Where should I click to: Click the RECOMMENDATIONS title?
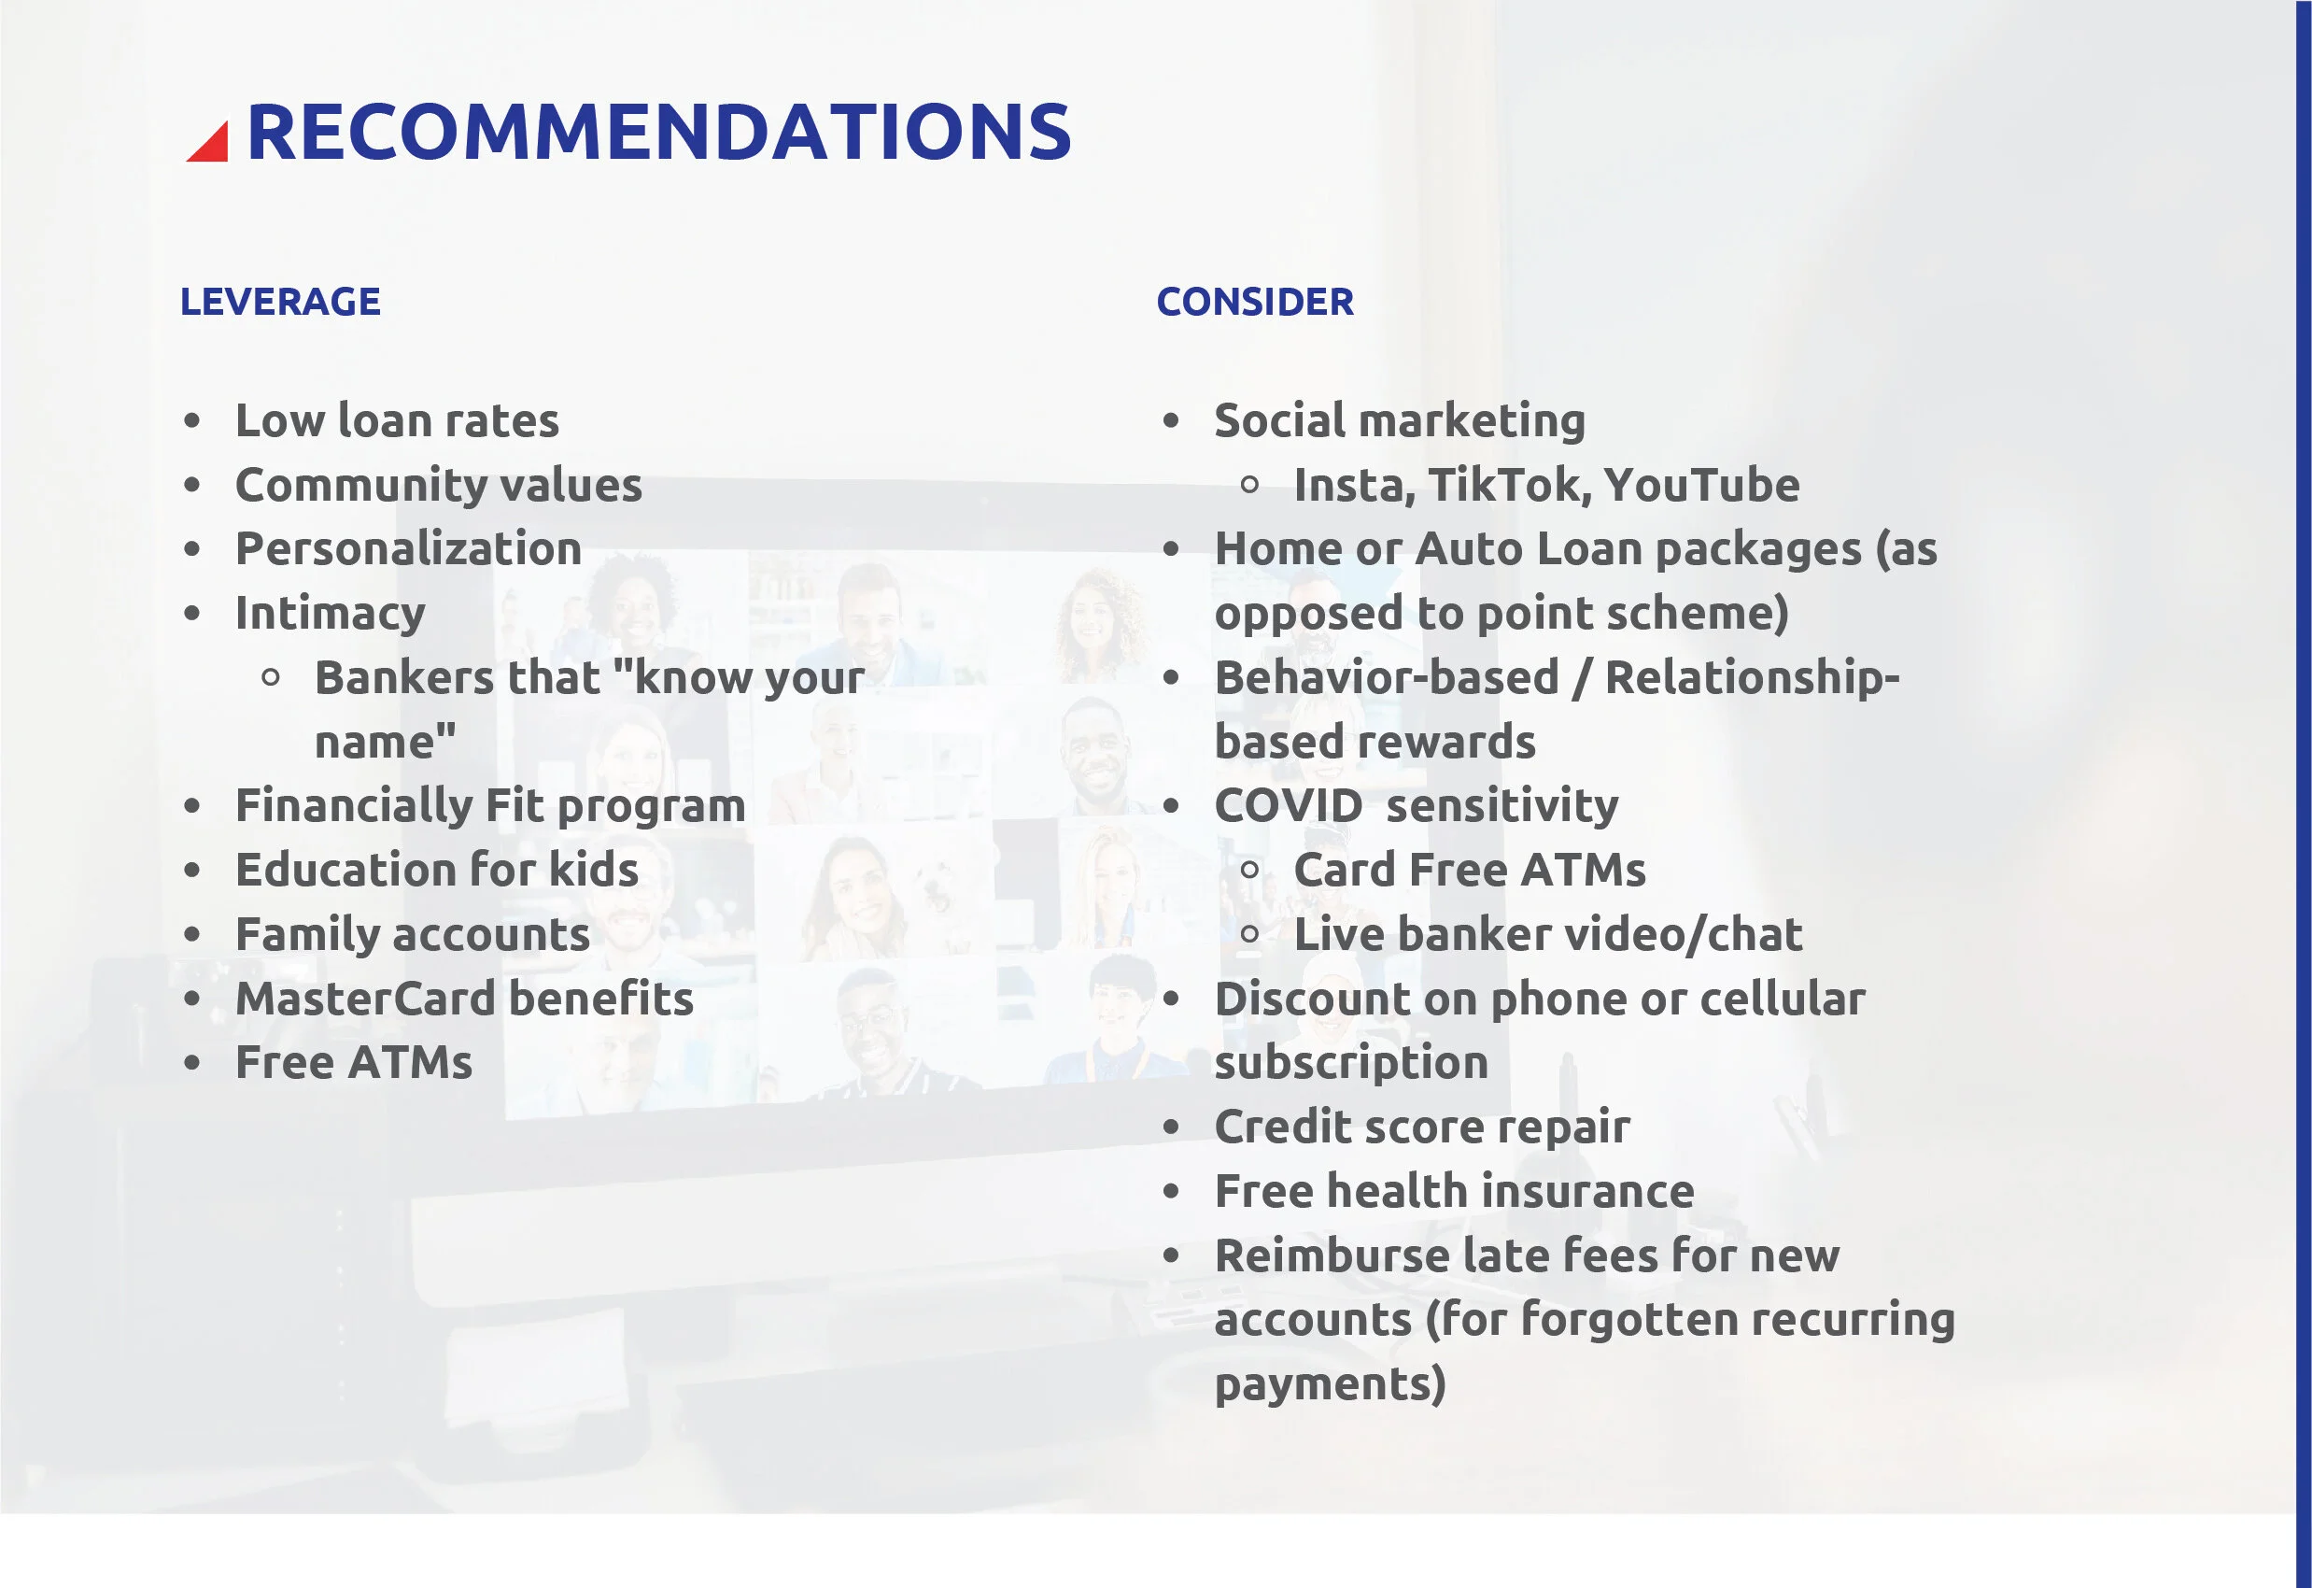click(x=657, y=133)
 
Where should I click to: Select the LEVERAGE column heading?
click(x=279, y=302)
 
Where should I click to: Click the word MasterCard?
click(x=365, y=999)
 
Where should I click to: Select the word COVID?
click(x=1288, y=806)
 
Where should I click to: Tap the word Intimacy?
click(x=331, y=614)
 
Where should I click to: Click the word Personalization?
click(x=408, y=549)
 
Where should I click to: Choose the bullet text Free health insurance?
click(x=1454, y=1192)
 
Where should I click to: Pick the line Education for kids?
click(x=436, y=871)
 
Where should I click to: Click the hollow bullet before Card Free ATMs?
click(x=1249, y=872)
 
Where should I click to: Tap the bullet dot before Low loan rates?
click(x=192, y=422)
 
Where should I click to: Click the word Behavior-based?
click(x=1386, y=677)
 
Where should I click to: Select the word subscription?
click(x=1351, y=1063)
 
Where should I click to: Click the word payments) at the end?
click(x=1329, y=1385)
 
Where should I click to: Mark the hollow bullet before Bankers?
click(x=271, y=678)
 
